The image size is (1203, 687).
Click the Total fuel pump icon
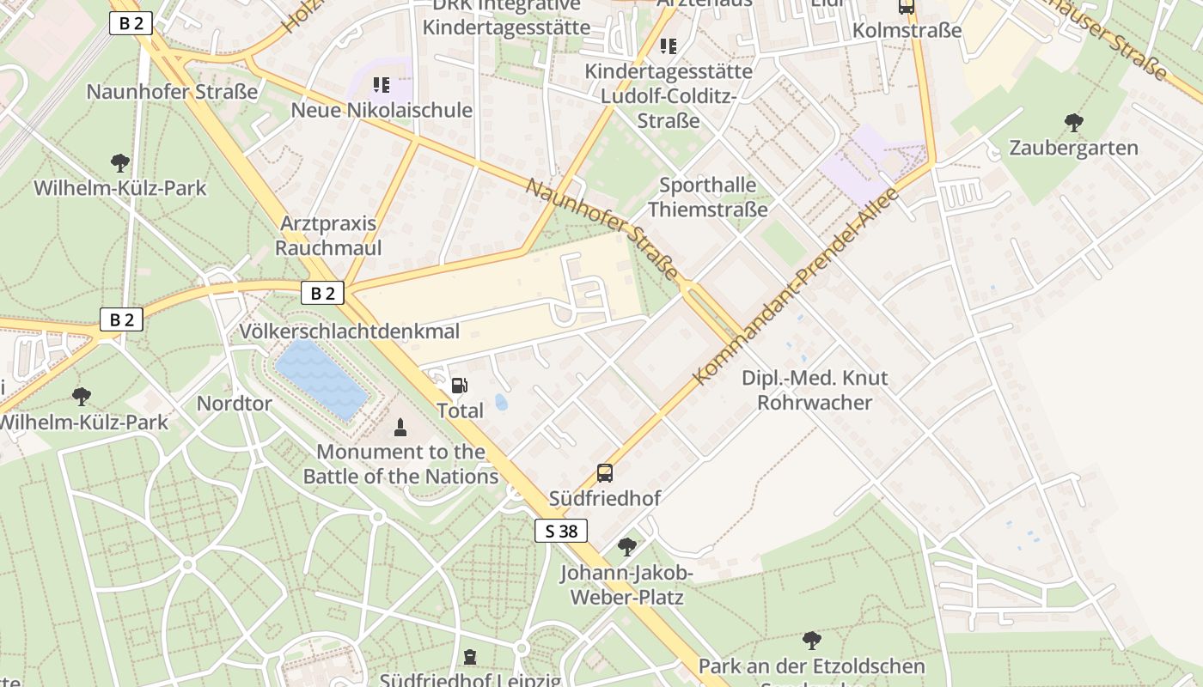(460, 386)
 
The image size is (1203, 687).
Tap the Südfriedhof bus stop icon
(605, 472)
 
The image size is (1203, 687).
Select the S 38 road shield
(561, 531)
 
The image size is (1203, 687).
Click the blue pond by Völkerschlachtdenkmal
(321, 379)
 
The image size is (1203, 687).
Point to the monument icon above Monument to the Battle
(400, 427)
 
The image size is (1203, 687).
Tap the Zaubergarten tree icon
(1073, 123)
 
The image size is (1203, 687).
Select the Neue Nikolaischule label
(382, 110)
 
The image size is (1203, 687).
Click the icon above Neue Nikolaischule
(382, 85)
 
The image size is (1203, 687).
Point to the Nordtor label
(234, 403)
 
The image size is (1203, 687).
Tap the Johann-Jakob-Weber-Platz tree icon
(627, 546)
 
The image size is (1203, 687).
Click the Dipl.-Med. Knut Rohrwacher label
(815, 390)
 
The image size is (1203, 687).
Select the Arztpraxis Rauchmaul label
(328, 235)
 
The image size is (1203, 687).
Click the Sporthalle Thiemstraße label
(707, 197)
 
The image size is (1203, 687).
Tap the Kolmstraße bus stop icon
(906, 7)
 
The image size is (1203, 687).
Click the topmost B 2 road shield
(131, 23)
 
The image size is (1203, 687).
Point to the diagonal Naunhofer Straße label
(602, 229)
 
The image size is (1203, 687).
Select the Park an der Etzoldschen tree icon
(811, 641)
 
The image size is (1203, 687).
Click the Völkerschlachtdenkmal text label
(350, 331)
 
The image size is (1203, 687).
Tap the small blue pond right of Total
(501, 402)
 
